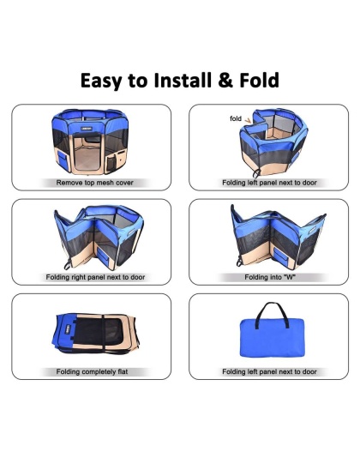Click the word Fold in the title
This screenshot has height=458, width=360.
[260, 81]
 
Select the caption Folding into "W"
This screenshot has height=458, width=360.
[269, 278]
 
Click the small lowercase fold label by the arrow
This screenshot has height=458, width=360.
[235, 118]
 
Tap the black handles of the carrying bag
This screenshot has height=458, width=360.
[269, 309]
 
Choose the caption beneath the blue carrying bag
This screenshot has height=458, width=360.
[269, 372]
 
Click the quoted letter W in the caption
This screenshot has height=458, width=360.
[289, 278]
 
